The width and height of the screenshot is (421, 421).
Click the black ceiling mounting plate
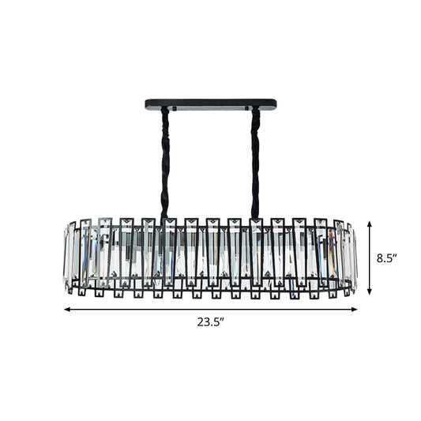tap(211, 103)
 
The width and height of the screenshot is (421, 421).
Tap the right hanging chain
tap(255, 158)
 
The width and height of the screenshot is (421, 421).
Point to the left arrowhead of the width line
tap(66, 309)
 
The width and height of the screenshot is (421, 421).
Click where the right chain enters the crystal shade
tap(255, 216)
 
